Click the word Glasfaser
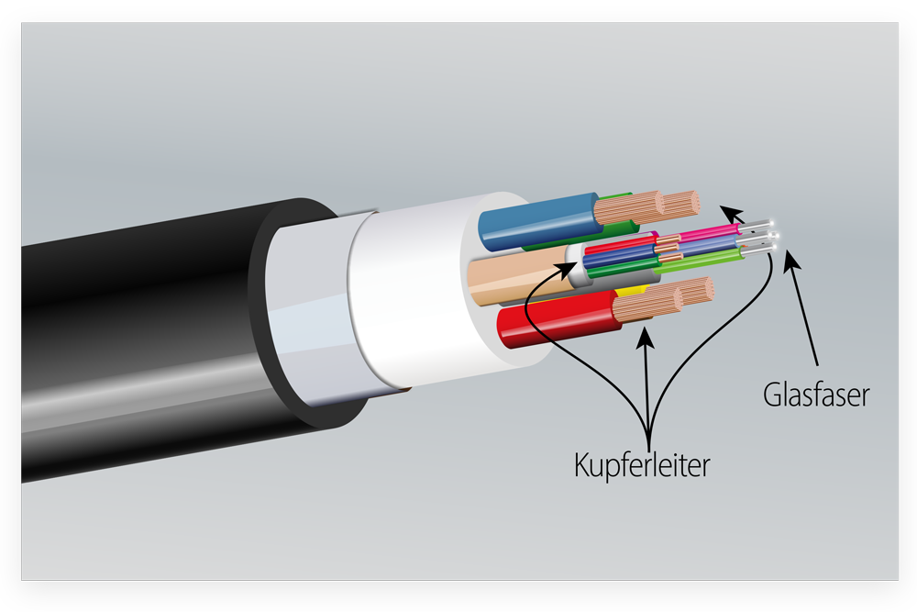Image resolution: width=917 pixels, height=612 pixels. click(816, 395)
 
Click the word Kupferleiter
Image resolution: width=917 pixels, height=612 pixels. click(642, 465)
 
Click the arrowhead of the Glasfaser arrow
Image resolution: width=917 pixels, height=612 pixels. click(791, 261)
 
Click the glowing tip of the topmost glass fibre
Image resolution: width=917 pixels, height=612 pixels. click(772, 222)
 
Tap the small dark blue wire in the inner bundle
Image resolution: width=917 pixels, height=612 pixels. click(620, 254)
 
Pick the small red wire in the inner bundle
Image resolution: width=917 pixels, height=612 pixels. click(620, 244)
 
